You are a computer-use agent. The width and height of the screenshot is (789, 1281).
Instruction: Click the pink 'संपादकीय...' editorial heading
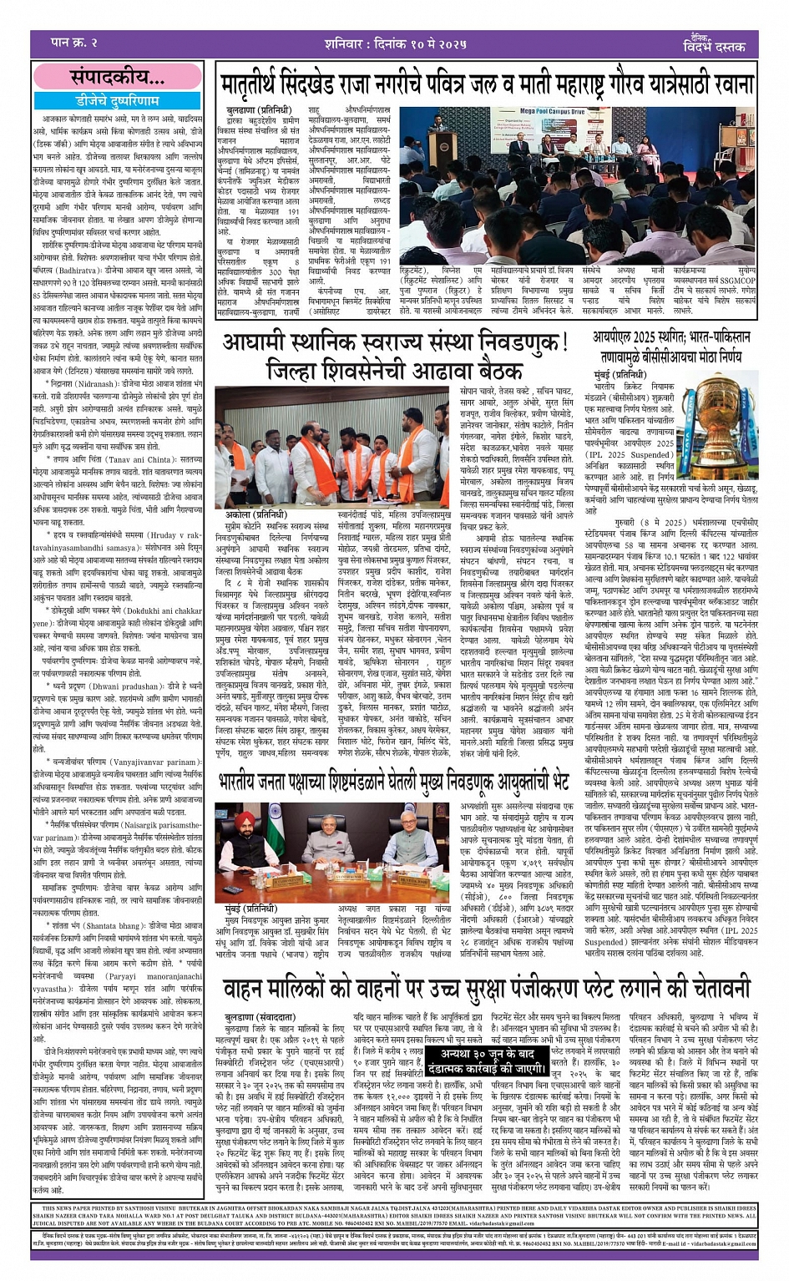[x=117, y=78]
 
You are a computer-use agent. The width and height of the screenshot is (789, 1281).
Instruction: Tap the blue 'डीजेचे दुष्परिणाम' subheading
[x=117, y=99]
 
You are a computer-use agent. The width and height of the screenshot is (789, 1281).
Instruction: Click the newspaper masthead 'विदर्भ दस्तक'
[x=710, y=46]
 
